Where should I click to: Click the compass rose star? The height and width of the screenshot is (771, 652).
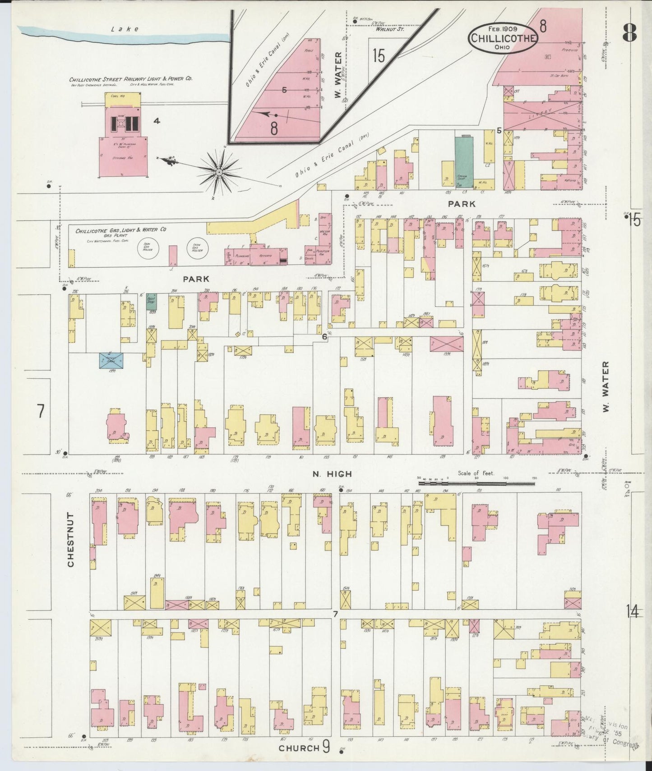(x=219, y=171)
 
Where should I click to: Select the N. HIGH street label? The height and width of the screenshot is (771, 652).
(x=332, y=474)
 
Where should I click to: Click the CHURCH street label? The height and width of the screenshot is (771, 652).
(x=298, y=748)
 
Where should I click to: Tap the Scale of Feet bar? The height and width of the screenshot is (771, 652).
(x=476, y=482)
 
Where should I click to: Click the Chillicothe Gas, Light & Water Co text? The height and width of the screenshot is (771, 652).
(x=120, y=230)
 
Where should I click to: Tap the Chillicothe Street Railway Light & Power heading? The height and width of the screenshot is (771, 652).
(x=130, y=78)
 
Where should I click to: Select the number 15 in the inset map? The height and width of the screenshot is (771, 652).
(x=379, y=56)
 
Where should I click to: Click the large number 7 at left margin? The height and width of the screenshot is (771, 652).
(x=41, y=411)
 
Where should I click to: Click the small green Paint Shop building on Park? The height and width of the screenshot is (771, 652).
(x=151, y=301)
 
